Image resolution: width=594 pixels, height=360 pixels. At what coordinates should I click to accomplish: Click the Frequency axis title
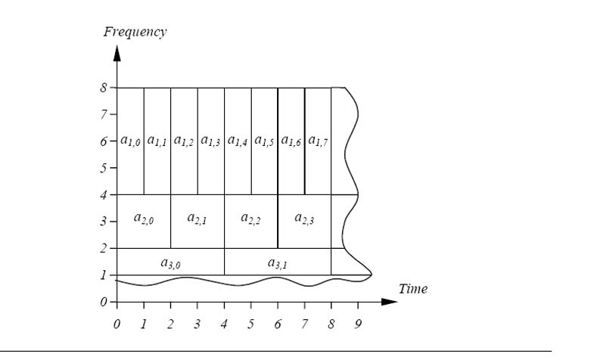[x=134, y=32]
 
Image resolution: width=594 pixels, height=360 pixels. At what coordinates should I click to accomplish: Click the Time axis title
[x=412, y=289]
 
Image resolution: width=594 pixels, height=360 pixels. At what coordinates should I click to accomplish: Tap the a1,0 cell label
[x=130, y=140]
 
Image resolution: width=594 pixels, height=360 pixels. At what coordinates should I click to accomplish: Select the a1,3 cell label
[x=210, y=140]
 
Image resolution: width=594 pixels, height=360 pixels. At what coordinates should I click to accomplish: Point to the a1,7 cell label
[x=318, y=140]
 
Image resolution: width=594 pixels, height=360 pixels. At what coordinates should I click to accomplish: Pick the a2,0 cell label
[x=144, y=219]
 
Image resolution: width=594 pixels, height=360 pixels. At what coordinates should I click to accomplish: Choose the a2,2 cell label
[x=250, y=219]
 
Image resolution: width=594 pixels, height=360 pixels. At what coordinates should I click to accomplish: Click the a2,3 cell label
[x=304, y=219]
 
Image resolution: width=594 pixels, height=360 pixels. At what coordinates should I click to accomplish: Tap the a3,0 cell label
[x=170, y=262]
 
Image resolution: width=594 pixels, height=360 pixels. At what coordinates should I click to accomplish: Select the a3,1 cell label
[x=278, y=262]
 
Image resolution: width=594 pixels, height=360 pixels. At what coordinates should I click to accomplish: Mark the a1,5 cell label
[x=264, y=140]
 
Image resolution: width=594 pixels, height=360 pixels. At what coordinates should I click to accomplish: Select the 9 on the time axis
[x=358, y=324]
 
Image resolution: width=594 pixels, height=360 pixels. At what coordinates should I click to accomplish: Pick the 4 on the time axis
[x=224, y=324]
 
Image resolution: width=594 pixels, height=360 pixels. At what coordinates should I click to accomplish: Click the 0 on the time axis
[x=117, y=324]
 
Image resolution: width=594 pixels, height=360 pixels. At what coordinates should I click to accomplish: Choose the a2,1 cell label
[x=197, y=219]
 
